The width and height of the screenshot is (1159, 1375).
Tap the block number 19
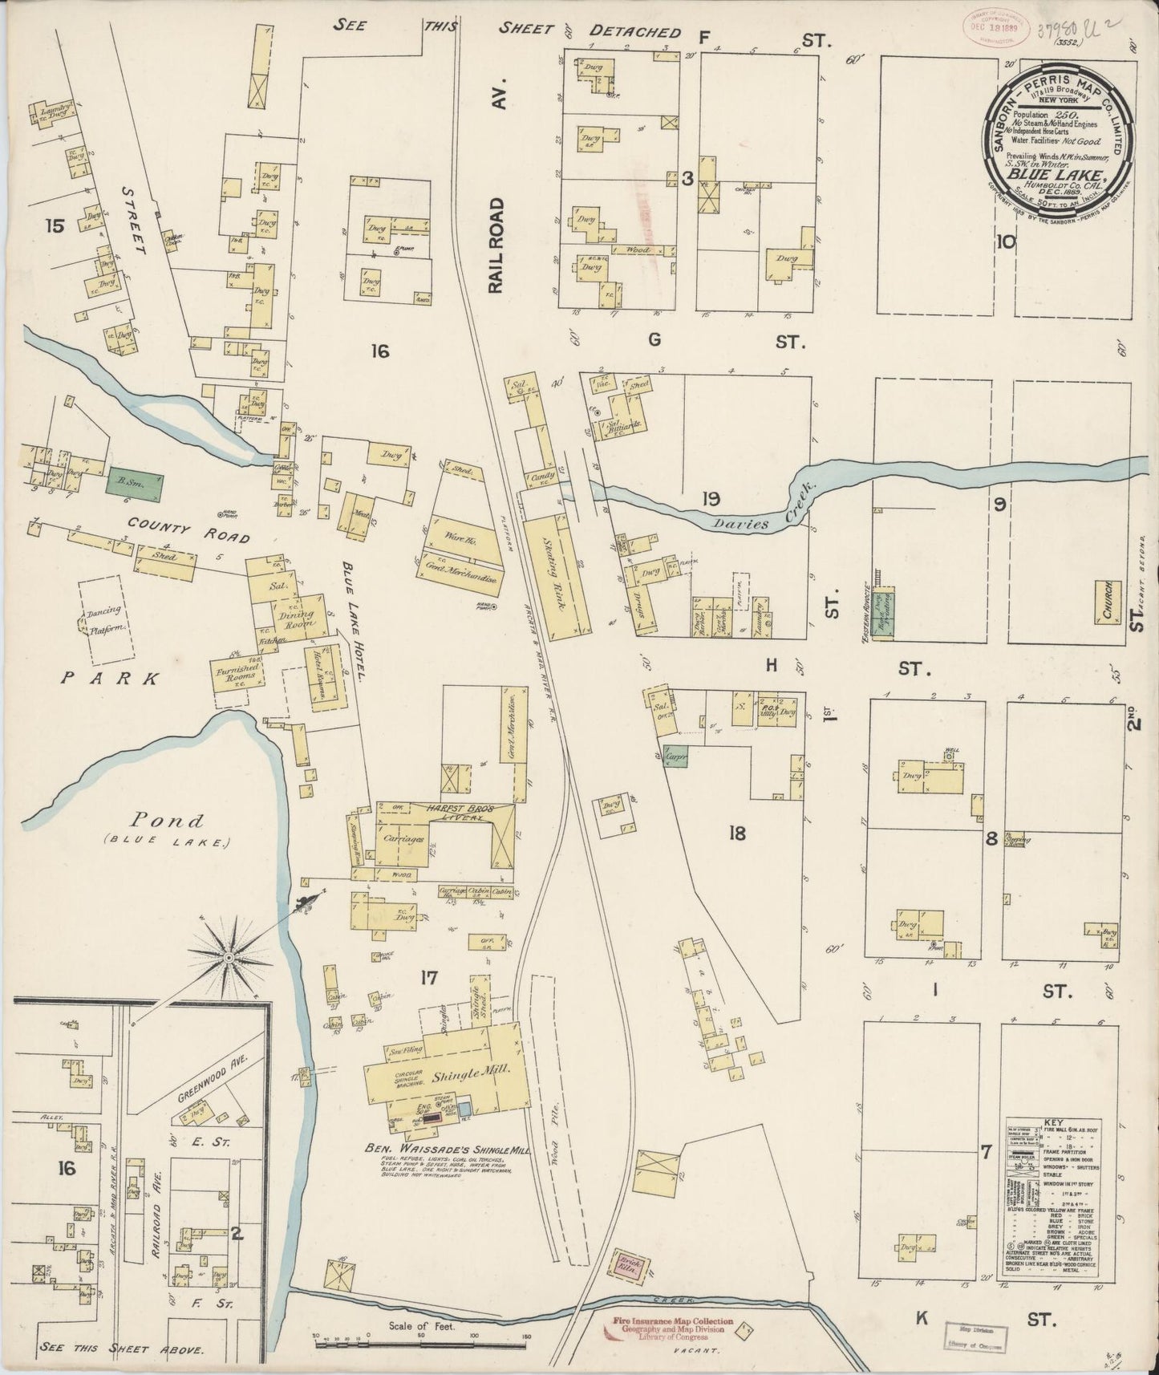point(710,500)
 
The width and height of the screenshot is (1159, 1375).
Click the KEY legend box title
point(1052,1123)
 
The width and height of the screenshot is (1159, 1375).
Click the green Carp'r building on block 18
point(672,756)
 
